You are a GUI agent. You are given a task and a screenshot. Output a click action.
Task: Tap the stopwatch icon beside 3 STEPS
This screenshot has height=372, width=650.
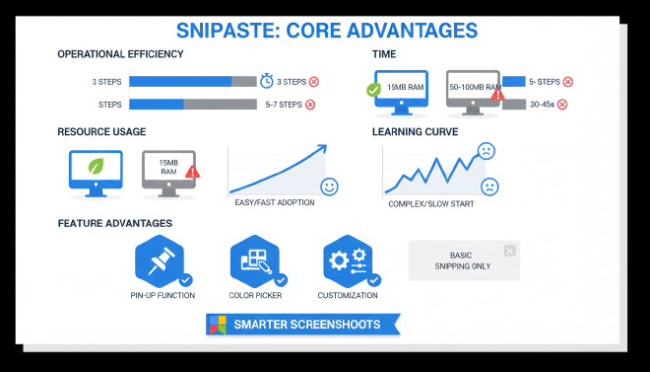pos(267,81)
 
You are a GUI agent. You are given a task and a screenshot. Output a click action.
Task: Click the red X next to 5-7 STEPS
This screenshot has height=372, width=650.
pos(310,104)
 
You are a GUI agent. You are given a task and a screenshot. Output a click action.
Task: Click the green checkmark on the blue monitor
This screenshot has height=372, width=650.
pos(374,92)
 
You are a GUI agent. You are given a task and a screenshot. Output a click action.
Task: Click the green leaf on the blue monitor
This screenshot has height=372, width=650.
pos(96,167)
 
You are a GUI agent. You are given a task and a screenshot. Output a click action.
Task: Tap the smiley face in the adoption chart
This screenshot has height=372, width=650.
pos(329,186)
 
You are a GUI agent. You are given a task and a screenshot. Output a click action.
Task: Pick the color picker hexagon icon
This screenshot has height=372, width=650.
pos(255,261)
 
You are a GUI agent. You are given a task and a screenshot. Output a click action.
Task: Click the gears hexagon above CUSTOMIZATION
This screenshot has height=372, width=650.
pos(347,261)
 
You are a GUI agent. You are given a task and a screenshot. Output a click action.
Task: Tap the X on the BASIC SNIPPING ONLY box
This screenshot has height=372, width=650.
pos(508,251)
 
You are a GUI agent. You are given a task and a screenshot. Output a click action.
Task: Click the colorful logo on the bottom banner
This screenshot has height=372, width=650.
pos(217,324)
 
